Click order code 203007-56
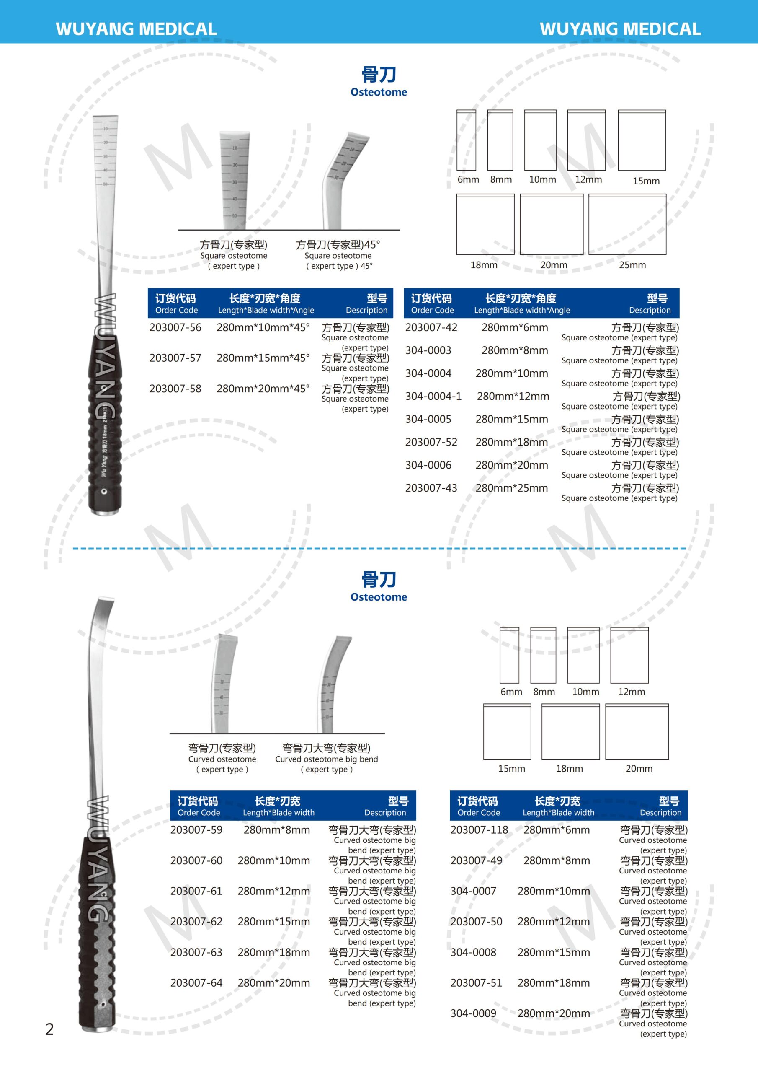click(x=175, y=328)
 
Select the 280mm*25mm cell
click(x=511, y=488)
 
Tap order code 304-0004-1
click(x=433, y=397)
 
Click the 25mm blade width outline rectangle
click(x=627, y=224)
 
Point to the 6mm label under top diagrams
click(x=468, y=180)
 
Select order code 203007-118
click(x=479, y=830)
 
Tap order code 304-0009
click(x=473, y=1013)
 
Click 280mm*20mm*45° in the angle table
click(x=263, y=389)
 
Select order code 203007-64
click(x=196, y=983)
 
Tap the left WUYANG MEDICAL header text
click(x=136, y=29)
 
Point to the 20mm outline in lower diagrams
click(x=637, y=732)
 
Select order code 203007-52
click(x=431, y=443)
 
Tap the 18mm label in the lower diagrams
click(x=569, y=769)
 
